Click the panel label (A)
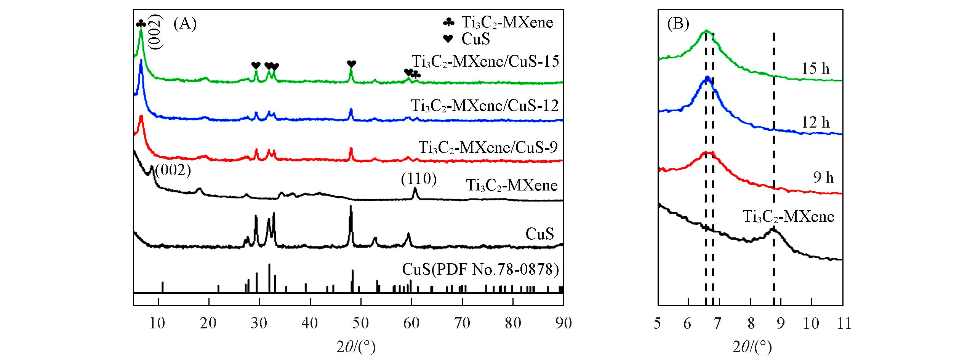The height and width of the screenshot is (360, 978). (x=185, y=24)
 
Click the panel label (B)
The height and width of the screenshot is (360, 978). (x=678, y=24)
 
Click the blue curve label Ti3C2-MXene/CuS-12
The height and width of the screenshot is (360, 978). (x=485, y=105)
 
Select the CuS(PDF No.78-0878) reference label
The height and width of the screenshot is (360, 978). (x=480, y=270)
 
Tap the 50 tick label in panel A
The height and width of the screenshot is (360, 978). (x=360, y=323)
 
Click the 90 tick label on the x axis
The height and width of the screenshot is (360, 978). (x=563, y=323)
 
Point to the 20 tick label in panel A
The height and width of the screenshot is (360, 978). (x=208, y=323)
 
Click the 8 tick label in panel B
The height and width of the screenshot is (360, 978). (x=750, y=323)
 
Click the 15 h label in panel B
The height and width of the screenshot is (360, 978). (x=816, y=69)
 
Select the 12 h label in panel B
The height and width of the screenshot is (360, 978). (x=816, y=122)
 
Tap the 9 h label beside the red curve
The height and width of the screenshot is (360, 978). (x=823, y=178)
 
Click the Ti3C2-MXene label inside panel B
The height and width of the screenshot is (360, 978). (x=789, y=216)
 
